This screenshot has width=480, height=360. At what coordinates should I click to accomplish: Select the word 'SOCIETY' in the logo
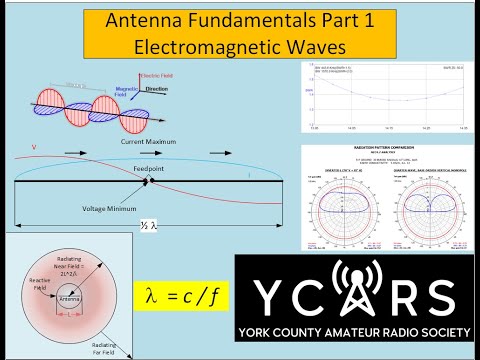coord(436,331)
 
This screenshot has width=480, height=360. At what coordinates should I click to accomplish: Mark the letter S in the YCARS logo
coord(446,295)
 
